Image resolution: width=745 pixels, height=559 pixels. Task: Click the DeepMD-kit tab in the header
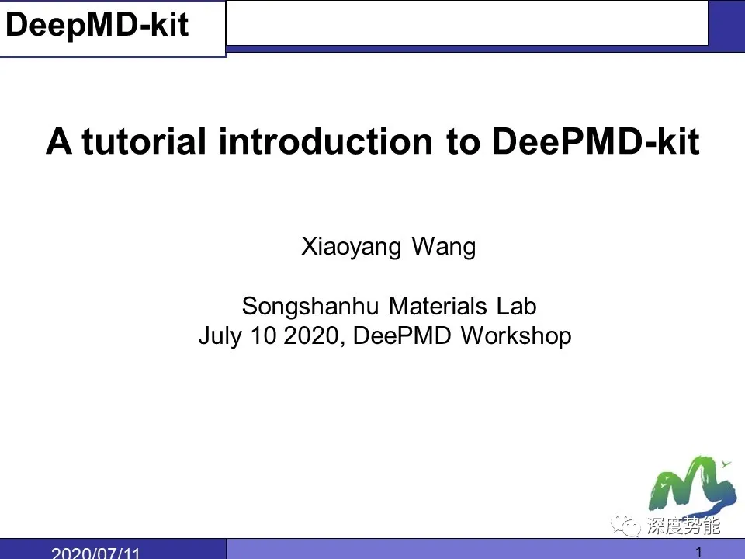tap(97, 26)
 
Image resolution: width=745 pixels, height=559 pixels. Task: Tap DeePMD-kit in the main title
tap(595, 142)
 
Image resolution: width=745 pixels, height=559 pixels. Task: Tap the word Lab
tap(517, 306)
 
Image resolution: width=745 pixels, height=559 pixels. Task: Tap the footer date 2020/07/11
tap(95, 553)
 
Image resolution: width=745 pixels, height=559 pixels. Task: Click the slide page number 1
tap(699, 552)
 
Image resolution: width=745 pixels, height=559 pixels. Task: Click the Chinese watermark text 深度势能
tap(684, 527)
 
